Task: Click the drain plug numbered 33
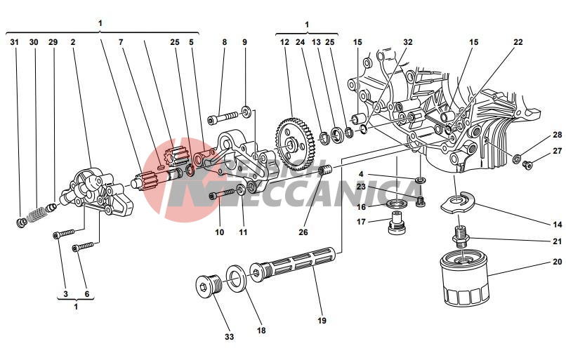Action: pos(209,288)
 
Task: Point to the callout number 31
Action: pos(15,42)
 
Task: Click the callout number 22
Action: pos(518,42)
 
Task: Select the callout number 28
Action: pos(557,135)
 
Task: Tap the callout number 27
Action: pos(557,150)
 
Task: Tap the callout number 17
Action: pos(361,222)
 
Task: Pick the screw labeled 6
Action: pos(83,246)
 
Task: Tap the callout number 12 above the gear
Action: pos(284,42)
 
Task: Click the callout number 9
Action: pos(244,42)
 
